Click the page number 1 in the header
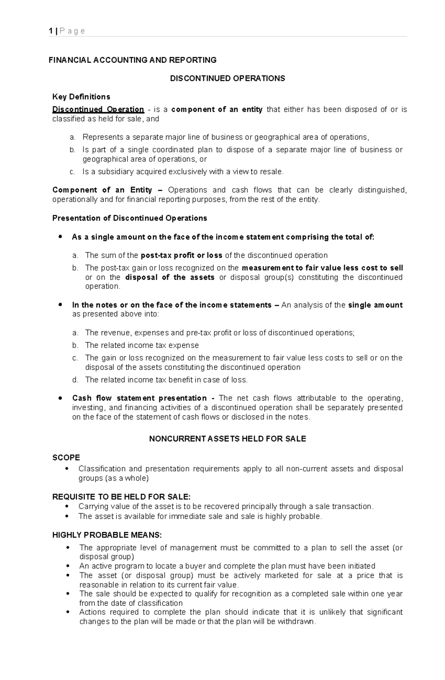click(x=50, y=31)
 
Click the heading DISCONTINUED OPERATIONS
click(x=227, y=79)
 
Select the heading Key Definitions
click(x=81, y=97)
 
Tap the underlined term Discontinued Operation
click(x=98, y=109)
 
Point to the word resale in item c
click(x=271, y=172)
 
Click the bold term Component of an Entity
click(x=102, y=190)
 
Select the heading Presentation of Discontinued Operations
click(x=129, y=218)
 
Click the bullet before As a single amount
click(x=60, y=237)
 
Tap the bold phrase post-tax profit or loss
click(x=181, y=255)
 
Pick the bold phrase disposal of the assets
click(x=170, y=277)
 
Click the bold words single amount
click(x=375, y=305)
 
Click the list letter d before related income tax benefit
click(x=75, y=380)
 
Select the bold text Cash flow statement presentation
click(x=139, y=398)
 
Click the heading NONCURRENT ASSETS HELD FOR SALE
click(x=227, y=439)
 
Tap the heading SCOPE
click(x=66, y=458)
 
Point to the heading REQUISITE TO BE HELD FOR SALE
click(x=121, y=497)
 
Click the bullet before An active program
click(x=67, y=566)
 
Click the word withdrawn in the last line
click(x=296, y=621)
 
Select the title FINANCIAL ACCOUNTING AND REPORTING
click(x=132, y=60)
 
